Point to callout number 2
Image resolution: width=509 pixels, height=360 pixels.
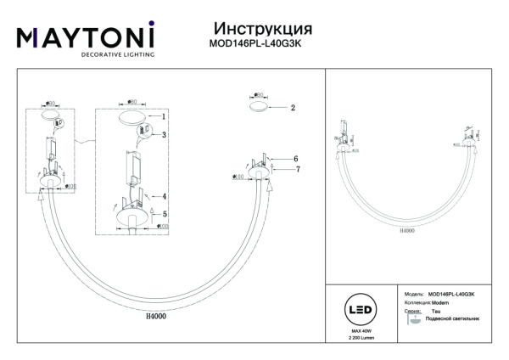tap(292, 109)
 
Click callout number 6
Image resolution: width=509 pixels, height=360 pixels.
tap(295, 159)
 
